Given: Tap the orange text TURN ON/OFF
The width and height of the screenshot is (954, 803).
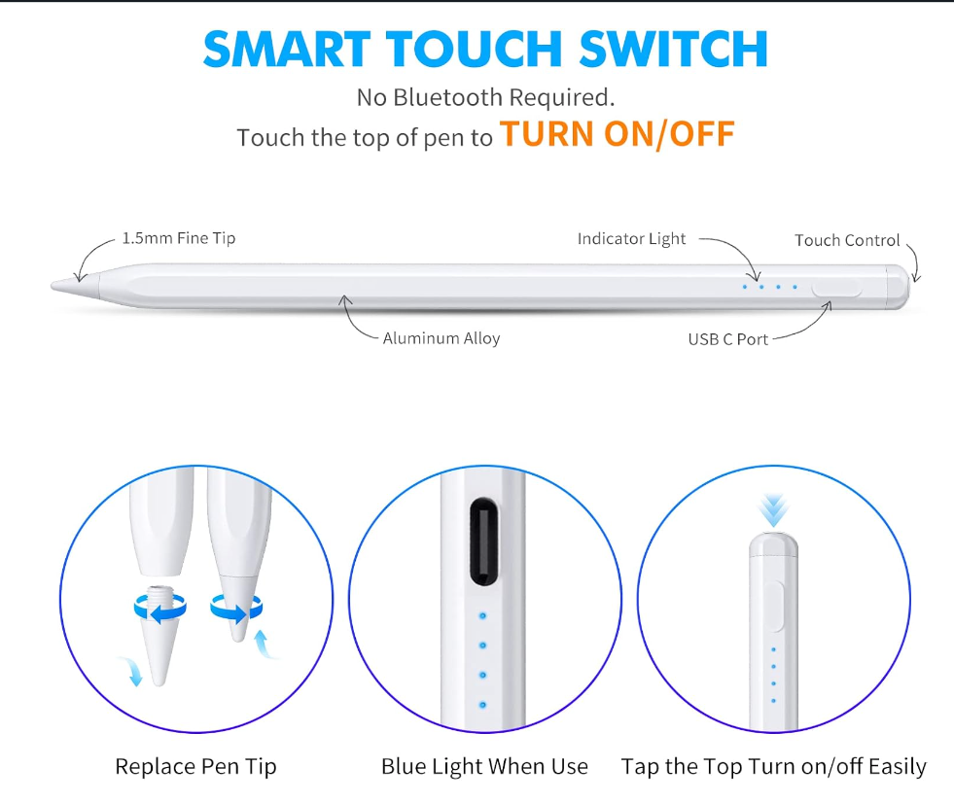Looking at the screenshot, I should tap(617, 134).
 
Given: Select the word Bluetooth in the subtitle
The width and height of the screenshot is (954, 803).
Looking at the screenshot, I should tap(446, 97).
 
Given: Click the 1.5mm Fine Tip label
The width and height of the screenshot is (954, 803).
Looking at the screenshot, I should tap(178, 238).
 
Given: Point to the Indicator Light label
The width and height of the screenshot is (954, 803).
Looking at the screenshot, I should tap(631, 239).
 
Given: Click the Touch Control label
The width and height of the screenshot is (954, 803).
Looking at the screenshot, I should tap(847, 240).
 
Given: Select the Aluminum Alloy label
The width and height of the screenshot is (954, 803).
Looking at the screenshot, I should tap(441, 339).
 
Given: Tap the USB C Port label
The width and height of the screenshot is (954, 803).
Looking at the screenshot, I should tap(727, 339).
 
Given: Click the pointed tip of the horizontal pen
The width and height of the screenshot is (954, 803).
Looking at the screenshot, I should tap(60, 285).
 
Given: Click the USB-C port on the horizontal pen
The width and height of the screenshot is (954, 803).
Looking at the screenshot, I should tap(837, 289).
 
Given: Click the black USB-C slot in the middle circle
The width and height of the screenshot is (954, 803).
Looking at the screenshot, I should tap(484, 542).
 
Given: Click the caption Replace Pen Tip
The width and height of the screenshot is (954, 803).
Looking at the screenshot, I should tap(195, 766).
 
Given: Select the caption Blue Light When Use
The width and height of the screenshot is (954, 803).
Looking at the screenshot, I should tap(484, 766).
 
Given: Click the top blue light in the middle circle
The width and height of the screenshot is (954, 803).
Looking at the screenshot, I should tap(483, 615).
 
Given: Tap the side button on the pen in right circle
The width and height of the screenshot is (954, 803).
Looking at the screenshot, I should tap(774, 607).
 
